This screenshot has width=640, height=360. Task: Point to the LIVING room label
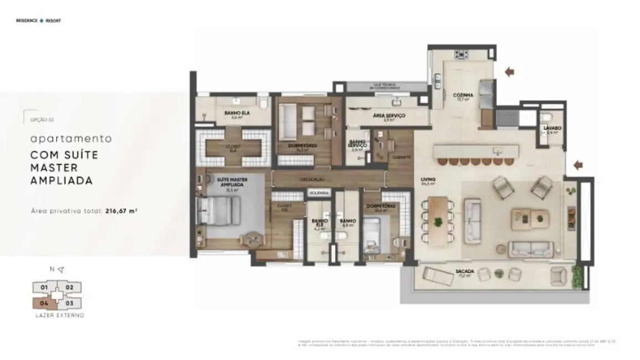click(x=428, y=179)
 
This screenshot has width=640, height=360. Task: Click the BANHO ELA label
click(x=237, y=113)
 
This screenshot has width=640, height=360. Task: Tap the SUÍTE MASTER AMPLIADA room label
click(x=232, y=182)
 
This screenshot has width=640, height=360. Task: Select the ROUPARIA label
click(x=320, y=193)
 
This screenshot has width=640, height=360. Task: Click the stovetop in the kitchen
click(x=461, y=54)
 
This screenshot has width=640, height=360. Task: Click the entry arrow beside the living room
click(x=578, y=164)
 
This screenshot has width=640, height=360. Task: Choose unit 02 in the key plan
click(x=70, y=287)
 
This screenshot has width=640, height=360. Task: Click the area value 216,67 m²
click(x=121, y=211)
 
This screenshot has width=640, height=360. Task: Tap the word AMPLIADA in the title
click(x=62, y=181)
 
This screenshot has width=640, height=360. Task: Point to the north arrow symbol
click(x=60, y=270)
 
